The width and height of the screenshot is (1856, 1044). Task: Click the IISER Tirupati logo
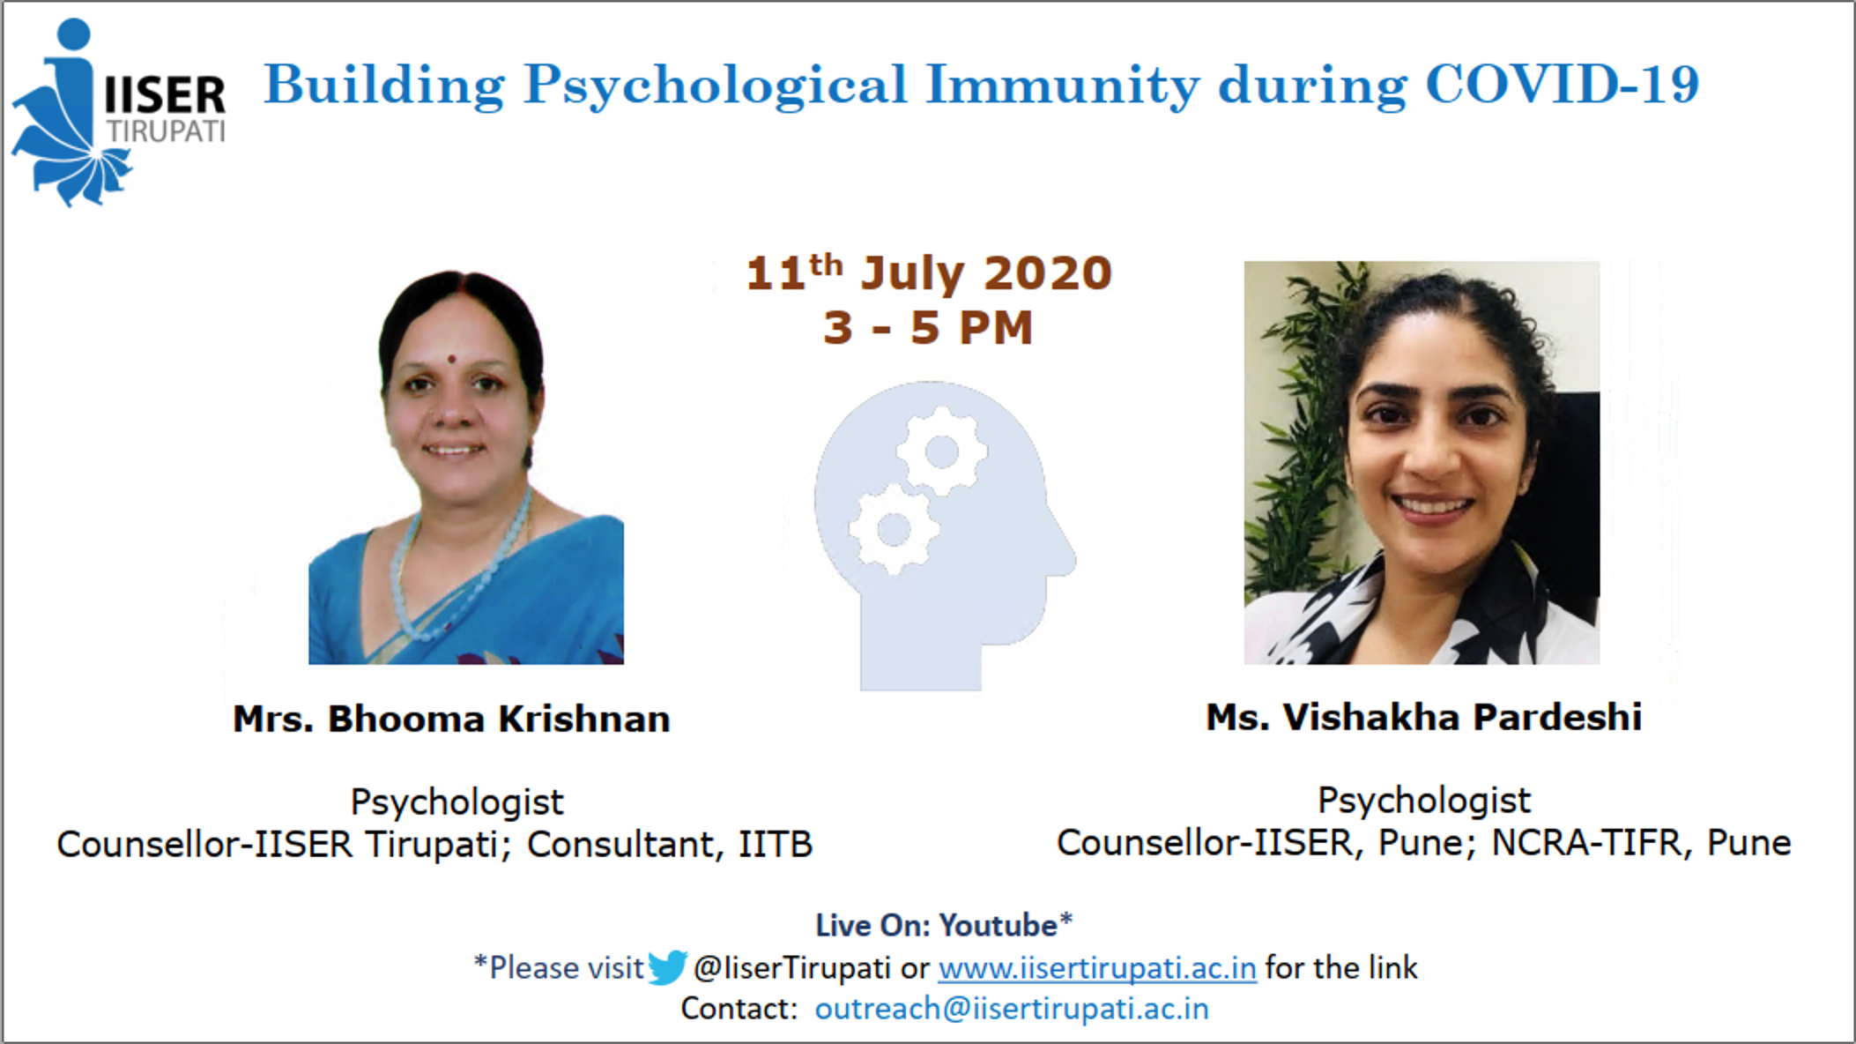tap(119, 113)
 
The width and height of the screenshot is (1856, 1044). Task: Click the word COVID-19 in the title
tap(1562, 85)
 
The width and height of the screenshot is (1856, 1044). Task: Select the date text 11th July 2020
tap(929, 272)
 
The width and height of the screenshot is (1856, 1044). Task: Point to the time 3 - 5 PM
tap(928, 328)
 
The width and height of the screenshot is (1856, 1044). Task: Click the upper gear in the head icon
tap(941, 451)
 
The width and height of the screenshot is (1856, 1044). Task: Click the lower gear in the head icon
tap(894, 529)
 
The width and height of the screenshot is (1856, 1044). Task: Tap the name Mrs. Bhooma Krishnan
tap(451, 719)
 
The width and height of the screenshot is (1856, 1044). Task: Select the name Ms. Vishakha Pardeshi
tap(1423, 717)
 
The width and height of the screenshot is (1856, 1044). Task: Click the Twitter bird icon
tap(667, 967)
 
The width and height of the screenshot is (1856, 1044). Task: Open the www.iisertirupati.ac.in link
tap(1097, 968)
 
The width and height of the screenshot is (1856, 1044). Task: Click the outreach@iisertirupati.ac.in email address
tap(1012, 1009)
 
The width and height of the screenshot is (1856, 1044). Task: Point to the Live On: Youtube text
tap(943, 925)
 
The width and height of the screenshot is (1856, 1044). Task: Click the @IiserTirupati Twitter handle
tap(792, 968)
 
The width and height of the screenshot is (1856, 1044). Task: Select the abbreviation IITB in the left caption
tap(776, 845)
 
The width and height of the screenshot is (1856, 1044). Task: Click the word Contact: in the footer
tap(739, 1009)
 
